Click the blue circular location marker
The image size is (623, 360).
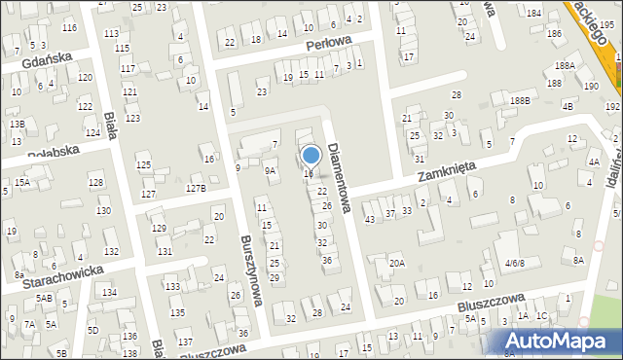pos(311,155)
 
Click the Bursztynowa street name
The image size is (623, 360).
pos(250,269)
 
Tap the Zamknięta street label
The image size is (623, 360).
pos(446,173)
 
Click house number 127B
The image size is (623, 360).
pos(196,188)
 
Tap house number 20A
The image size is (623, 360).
pos(397,263)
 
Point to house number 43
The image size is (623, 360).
pos(369,219)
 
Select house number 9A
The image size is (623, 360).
pos(271,170)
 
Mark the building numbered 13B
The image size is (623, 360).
pos(17,125)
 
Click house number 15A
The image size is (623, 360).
pos(21,182)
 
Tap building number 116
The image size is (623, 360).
pos(69,27)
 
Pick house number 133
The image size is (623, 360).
pos(171,286)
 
